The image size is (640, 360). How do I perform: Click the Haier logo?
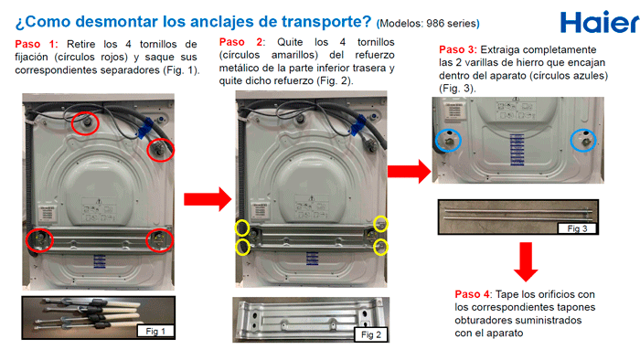click(600, 22)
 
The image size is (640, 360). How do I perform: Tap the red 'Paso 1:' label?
click(36, 44)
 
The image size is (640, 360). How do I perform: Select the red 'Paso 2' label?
click(240, 42)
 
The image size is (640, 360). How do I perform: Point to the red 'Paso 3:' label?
click(457, 49)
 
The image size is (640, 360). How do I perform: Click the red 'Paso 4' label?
click(473, 294)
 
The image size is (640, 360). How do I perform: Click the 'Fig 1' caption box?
click(155, 331)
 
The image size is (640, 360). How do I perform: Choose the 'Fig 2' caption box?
click(371, 334)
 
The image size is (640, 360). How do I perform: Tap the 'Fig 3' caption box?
click(577, 228)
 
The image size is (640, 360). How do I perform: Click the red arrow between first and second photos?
click(208, 199)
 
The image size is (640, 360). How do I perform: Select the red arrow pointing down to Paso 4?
click(526, 261)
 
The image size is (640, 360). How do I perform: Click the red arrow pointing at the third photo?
click(409, 171)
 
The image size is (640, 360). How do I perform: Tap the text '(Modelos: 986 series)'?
click(428, 24)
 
